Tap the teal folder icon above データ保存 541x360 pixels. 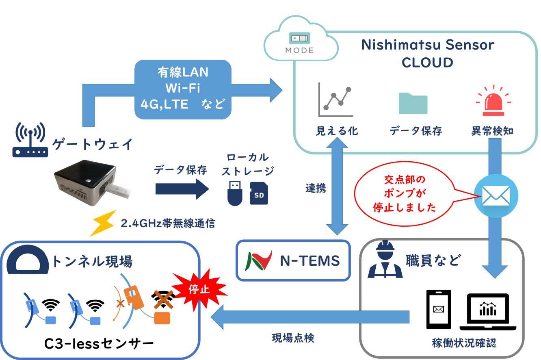point(413,103)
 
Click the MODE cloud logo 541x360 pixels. point(299,43)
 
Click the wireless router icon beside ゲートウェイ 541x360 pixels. point(30,141)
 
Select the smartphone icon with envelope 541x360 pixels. point(438,309)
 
